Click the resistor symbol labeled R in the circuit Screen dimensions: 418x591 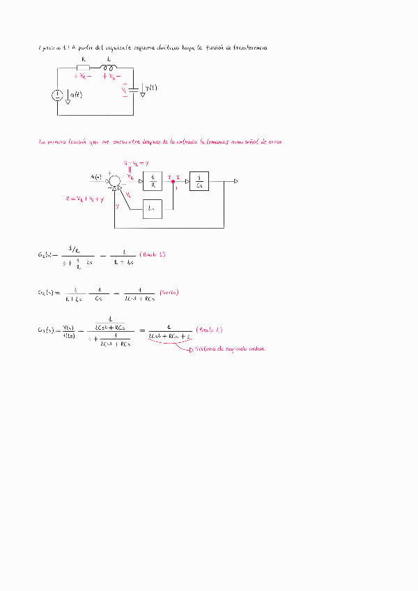84,68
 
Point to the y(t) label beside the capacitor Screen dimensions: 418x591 151,88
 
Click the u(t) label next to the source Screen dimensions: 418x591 75,94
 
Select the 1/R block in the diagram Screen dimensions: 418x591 153,181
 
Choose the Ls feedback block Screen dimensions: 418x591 153,208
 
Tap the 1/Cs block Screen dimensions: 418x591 199,181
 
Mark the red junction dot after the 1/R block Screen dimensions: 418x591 173,181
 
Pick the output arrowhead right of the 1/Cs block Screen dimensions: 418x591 237,181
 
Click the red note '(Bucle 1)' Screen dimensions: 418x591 153,254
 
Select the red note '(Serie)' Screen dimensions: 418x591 169,292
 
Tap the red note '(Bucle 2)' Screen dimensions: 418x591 210,329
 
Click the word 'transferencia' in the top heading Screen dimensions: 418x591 246,47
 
